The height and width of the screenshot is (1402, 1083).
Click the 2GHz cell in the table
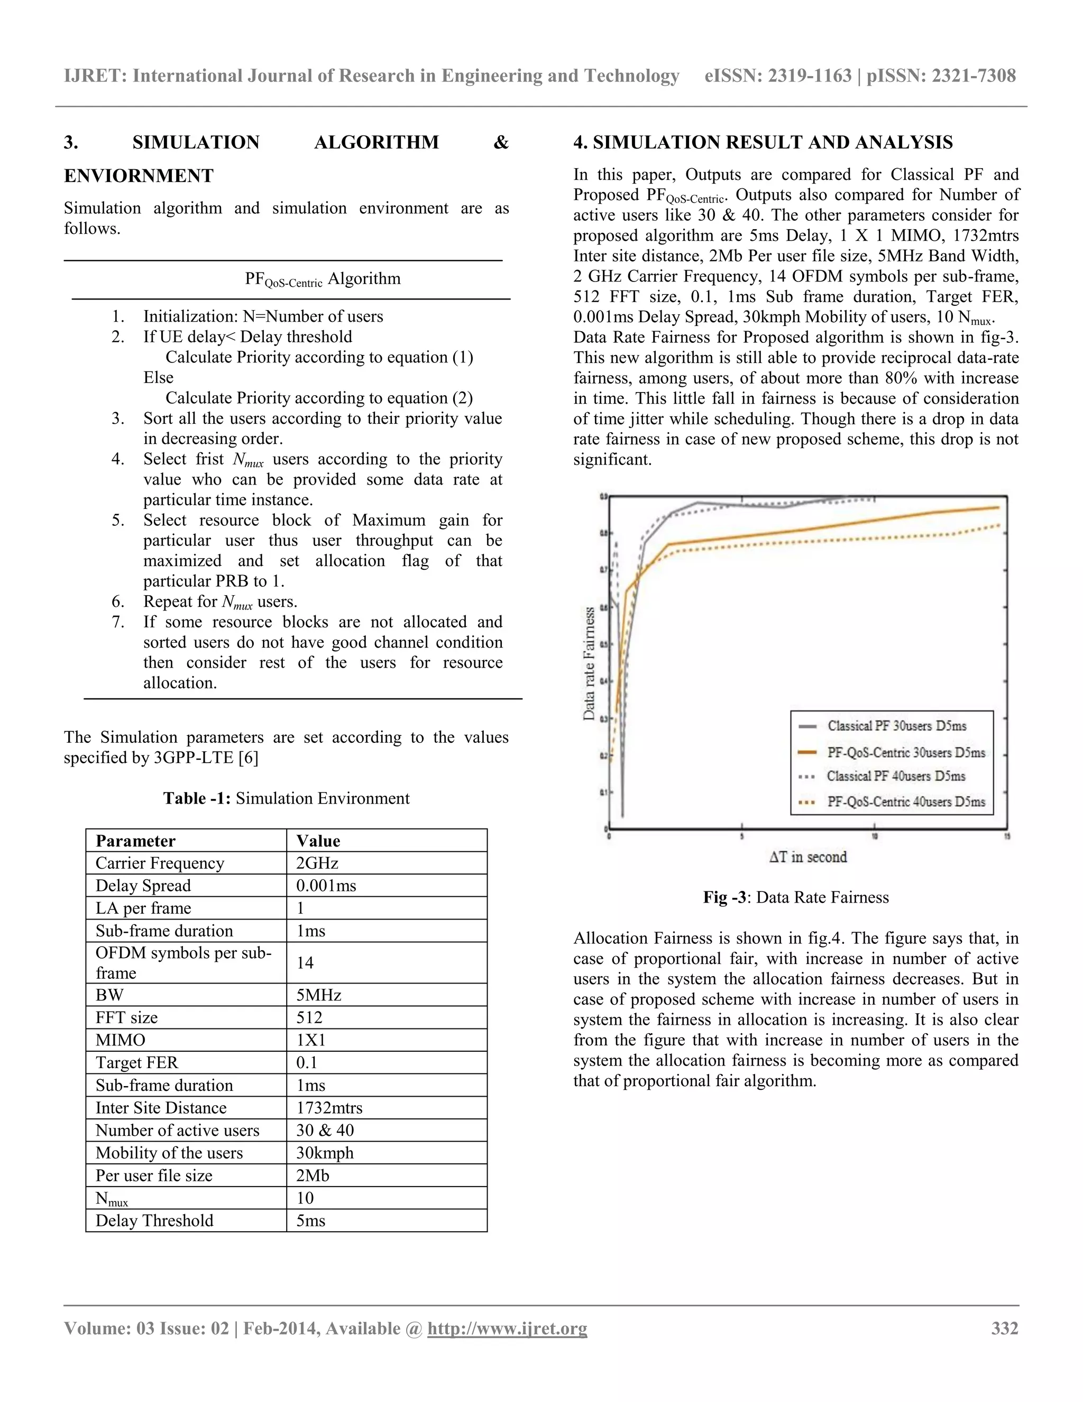pos(317,863)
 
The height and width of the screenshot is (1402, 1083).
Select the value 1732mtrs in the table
pos(329,1107)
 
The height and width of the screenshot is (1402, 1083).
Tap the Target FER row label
pos(136,1062)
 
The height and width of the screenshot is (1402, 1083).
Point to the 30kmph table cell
pos(325,1152)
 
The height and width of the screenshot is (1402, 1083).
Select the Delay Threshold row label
pos(154,1221)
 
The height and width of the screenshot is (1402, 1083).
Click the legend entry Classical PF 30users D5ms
pos(896,726)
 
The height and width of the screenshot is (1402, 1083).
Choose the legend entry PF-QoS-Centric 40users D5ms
pos(905,802)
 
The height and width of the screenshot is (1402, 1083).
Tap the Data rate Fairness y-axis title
pos(589,664)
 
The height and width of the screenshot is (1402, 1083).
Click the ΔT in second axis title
pos(808,857)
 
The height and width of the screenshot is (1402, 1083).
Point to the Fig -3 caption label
pos(724,897)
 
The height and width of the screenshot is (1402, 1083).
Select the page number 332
pos(1005,1328)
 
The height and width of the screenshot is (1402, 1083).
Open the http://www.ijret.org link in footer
pos(507,1328)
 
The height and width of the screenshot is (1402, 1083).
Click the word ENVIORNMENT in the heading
pos(139,175)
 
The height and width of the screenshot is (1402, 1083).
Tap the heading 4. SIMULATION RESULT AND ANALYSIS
pos(763,142)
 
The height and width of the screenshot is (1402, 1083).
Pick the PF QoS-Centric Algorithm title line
pos(322,279)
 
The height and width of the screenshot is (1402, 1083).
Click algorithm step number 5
pos(118,520)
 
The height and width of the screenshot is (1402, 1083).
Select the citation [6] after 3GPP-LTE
pos(247,758)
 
